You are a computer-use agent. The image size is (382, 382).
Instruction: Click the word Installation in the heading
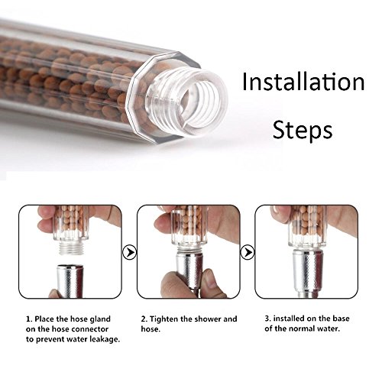303,81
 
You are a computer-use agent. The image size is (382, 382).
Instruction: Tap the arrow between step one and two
130,252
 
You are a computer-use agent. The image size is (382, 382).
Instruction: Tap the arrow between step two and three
248,252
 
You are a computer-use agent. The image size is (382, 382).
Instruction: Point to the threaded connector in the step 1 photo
71,248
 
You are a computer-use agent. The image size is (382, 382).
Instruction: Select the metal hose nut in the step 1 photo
70,281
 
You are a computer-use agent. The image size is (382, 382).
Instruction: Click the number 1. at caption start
29,319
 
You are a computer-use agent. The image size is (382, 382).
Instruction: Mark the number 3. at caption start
268,319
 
